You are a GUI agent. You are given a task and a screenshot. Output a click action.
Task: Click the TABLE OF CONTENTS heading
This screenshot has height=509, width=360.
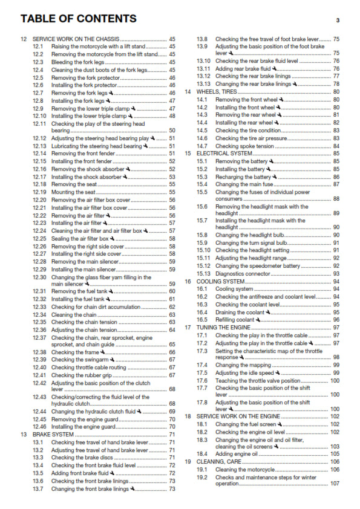point(78,19)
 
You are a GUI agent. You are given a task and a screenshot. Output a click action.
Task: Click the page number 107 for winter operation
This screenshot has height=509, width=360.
point(335,484)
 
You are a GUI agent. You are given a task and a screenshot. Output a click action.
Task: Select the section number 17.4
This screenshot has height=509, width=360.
point(202,365)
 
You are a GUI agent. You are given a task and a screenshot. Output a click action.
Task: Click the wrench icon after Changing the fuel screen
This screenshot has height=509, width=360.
point(281,424)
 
